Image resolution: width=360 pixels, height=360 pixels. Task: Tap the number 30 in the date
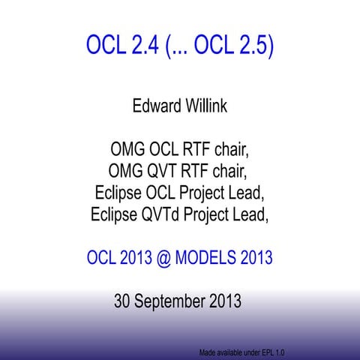pos(123,302)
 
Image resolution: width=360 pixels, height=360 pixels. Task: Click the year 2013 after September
pos(224,302)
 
